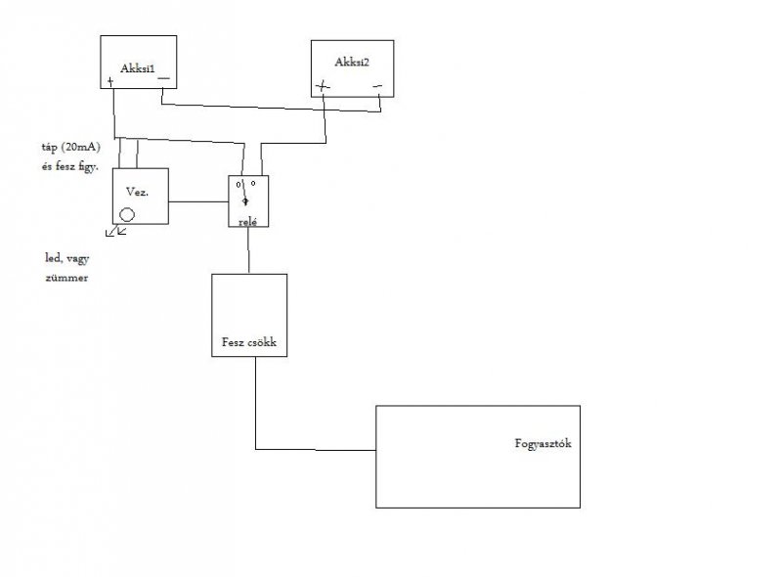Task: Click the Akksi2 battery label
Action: (x=350, y=62)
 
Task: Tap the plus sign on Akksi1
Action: (x=110, y=82)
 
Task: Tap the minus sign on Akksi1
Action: (x=163, y=78)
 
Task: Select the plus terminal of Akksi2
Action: (x=324, y=86)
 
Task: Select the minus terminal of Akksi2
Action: (x=377, y=86)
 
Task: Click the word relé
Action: (x=246, y=222)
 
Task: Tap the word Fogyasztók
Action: (x=543, y=443)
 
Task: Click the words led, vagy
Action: (x=66, y=259)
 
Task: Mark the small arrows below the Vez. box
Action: (x=117, y=232)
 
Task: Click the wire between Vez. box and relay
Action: (x=198, y=202)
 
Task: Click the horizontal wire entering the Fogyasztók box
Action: (x=316, y=450)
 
